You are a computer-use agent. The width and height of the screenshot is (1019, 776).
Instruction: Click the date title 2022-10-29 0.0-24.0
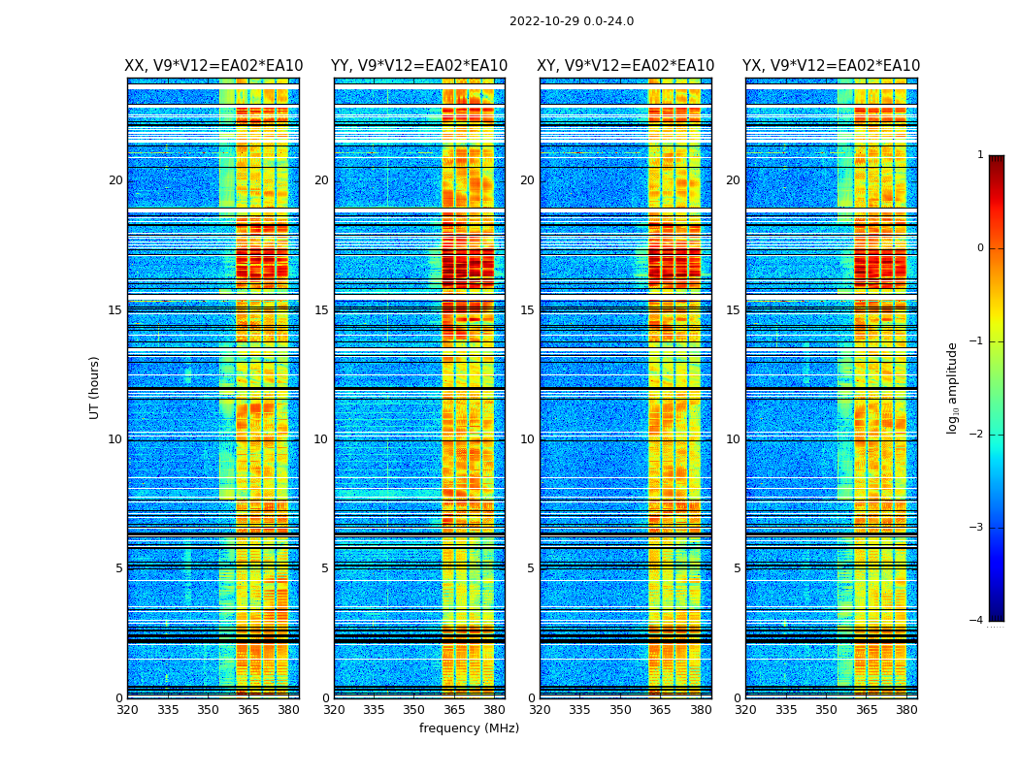click(572, 21)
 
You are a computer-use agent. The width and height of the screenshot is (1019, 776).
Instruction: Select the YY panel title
click(419, 66)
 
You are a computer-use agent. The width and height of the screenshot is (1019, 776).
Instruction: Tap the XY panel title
click(626, 66)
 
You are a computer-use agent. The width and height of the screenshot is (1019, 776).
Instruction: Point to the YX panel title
click(831, 66)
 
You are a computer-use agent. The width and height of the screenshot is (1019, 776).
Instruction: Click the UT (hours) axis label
click(95, 387)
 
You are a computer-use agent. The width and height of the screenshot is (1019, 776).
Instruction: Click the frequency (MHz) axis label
click(469, 728)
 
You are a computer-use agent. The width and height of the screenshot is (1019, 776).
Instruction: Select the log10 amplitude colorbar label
click(953, 387)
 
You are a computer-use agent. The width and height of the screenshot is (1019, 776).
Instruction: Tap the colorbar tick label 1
click(979, 155)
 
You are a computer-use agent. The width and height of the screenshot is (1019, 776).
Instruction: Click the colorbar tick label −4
click(976, 621)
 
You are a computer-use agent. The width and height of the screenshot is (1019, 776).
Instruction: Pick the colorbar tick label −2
click(976, 435)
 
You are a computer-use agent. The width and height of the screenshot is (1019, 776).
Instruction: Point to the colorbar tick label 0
click(979, 248)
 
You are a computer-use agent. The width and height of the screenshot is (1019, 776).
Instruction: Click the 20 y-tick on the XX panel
click(115, 180)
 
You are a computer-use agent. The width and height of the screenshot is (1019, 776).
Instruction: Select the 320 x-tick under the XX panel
click(127, 709)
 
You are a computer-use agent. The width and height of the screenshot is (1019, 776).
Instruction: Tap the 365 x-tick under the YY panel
click(454, 709)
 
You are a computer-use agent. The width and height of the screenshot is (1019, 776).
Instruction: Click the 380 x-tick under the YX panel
click(906, 709)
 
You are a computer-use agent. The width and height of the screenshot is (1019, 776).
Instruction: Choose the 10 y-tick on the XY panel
click(527, 439)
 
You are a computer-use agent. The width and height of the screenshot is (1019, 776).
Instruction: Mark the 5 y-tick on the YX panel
click(737, 568)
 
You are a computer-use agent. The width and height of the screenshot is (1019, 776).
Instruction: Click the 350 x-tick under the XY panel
click(620, 709)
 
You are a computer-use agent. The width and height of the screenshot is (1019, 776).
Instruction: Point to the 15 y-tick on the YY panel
click(321, 310)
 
